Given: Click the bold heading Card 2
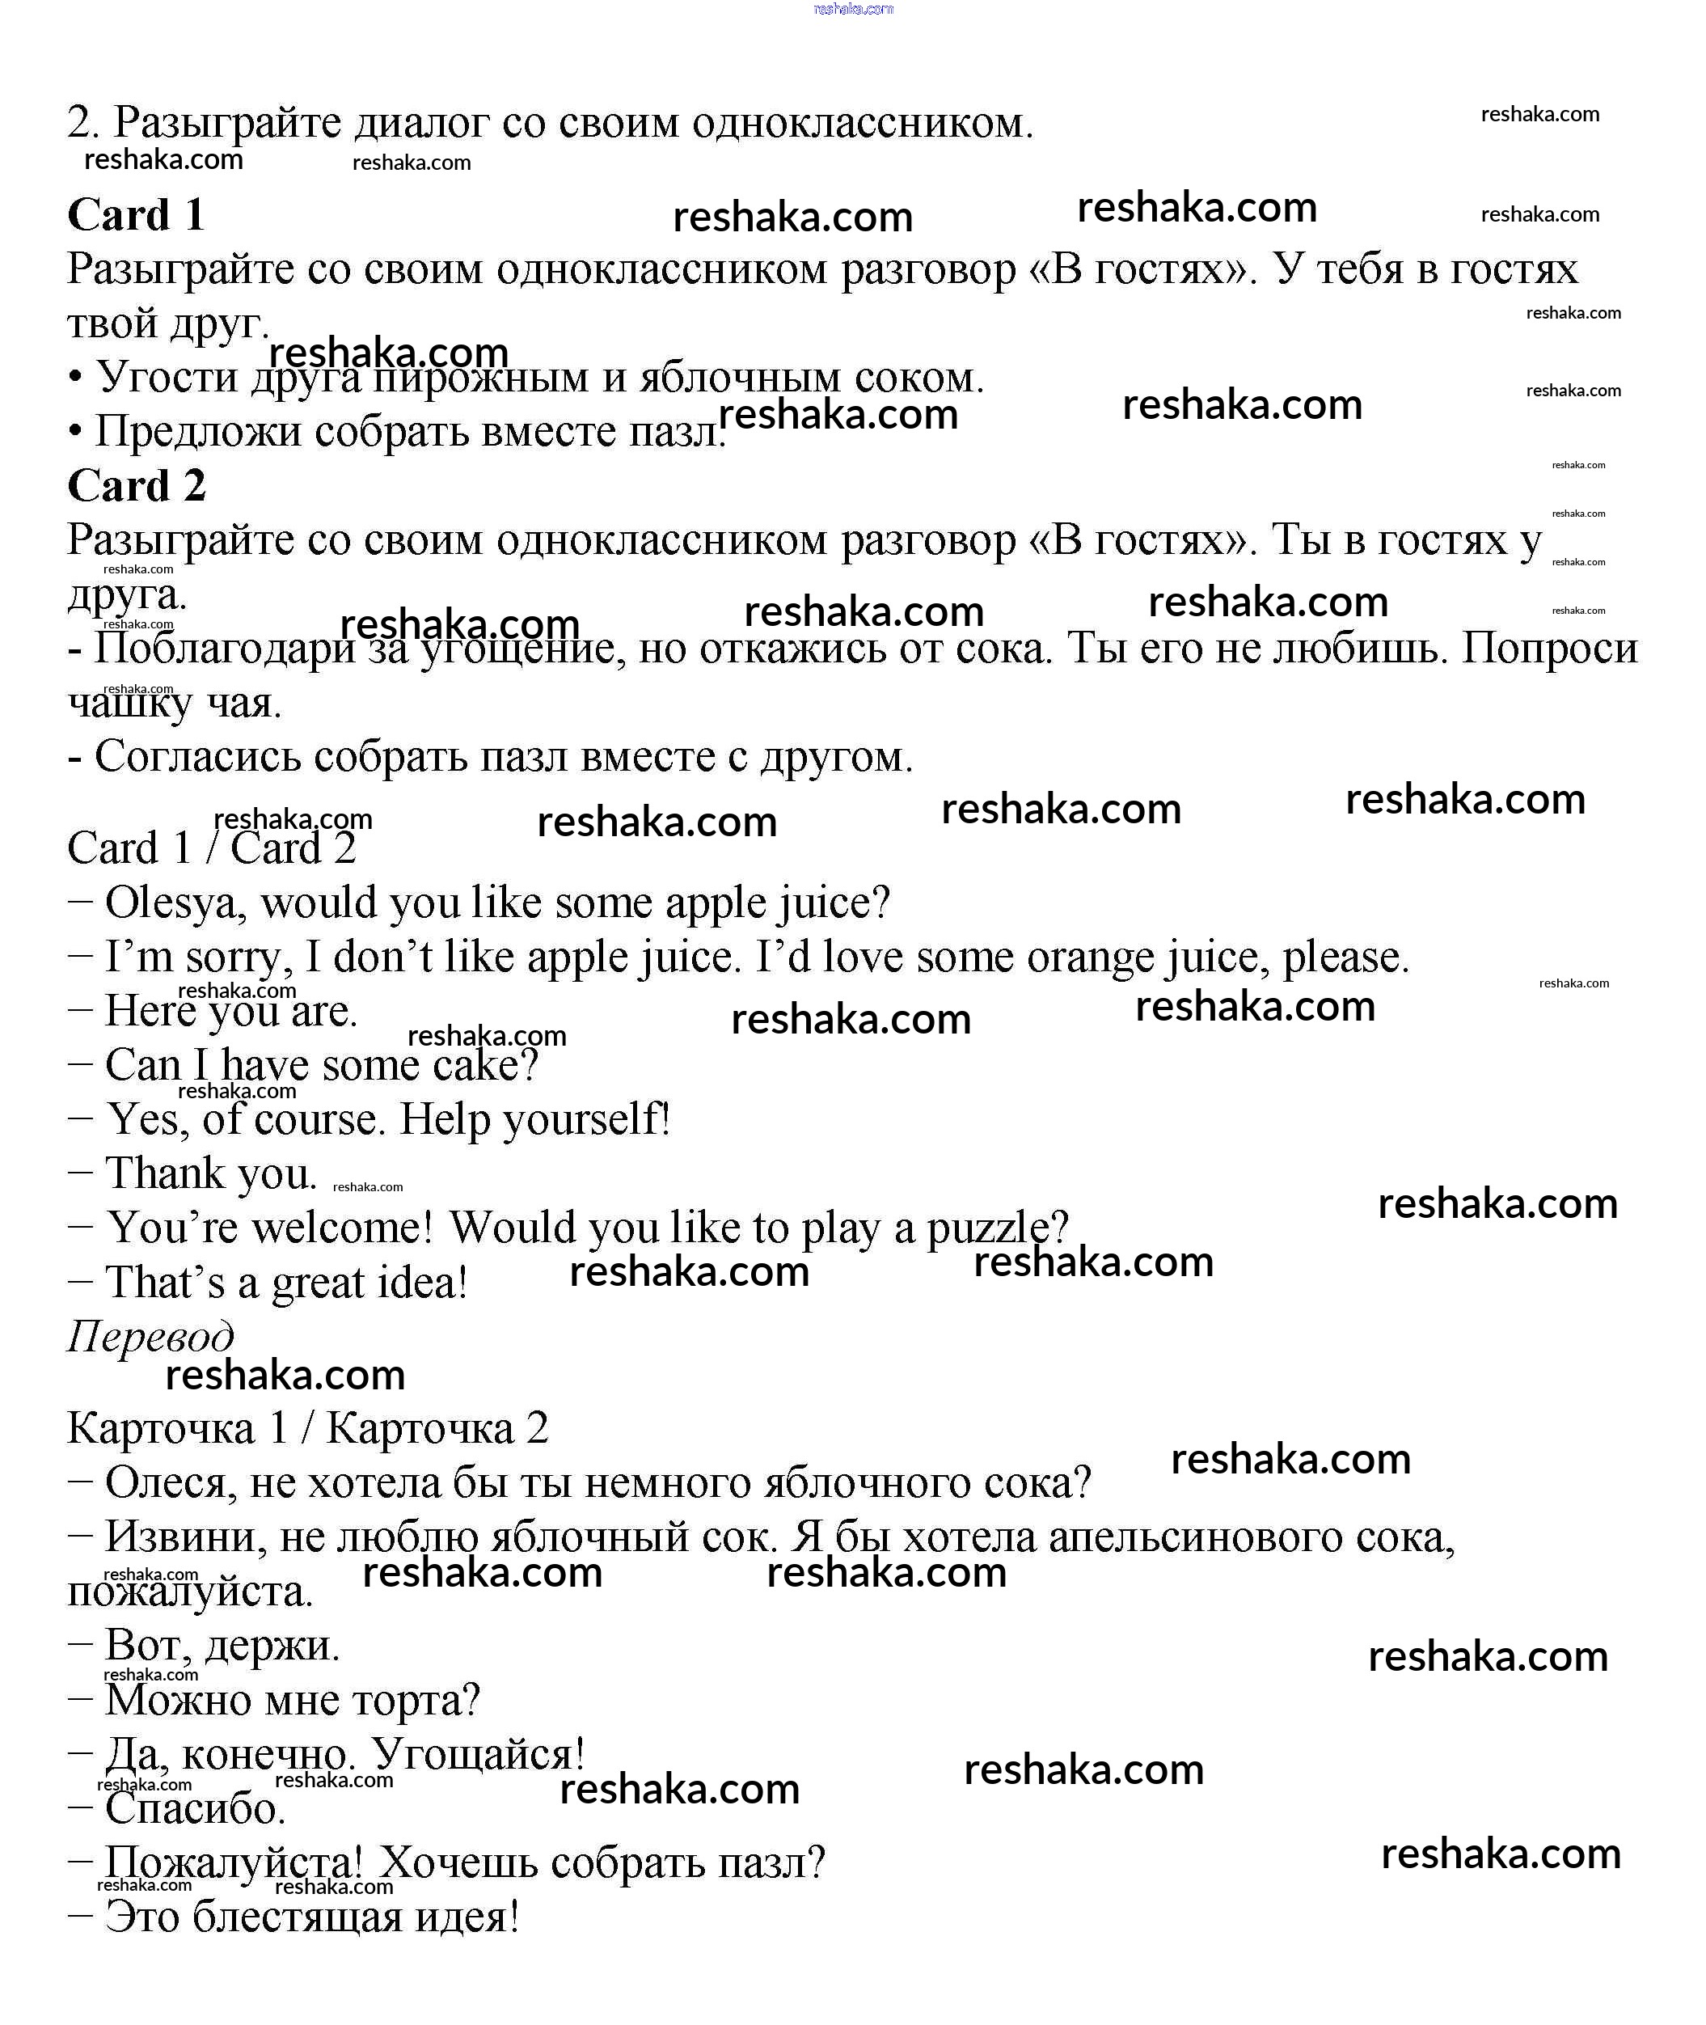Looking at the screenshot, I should pyautogui.click(x=137, y=486).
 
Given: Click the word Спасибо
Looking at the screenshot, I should pyautogui.click(x=194, y=1808).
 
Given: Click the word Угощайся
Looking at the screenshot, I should pyautogui.click(x=478, y=1754).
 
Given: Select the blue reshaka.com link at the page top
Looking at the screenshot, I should pyautogui.click(x=853, y=9).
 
